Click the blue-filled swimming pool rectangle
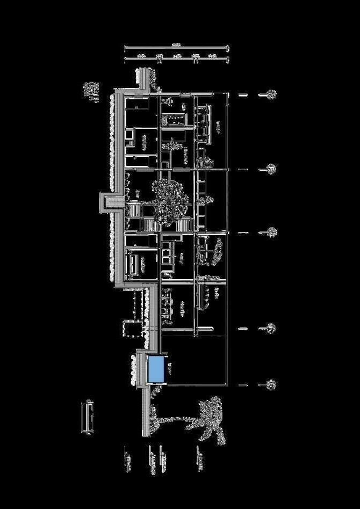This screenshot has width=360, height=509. coord(156,369)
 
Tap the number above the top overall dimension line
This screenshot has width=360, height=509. coord(175,45)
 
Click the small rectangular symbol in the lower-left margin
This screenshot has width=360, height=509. coord(87,416)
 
